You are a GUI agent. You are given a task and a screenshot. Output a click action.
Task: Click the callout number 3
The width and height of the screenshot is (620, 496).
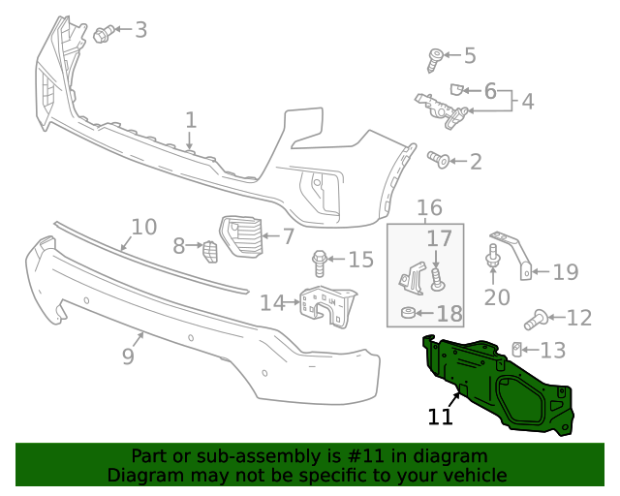140,30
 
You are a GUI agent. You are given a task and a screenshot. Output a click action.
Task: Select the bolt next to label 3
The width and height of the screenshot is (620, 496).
102,36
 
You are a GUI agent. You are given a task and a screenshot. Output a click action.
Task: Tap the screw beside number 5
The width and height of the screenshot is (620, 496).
435,60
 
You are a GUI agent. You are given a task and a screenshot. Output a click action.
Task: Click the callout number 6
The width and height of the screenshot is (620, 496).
490,92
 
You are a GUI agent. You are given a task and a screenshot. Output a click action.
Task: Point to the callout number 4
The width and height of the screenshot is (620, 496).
527,101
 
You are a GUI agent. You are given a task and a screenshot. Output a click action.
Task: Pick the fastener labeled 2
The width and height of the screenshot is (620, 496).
438,159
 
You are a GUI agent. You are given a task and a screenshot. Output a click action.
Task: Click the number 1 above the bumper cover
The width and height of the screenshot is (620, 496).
191,120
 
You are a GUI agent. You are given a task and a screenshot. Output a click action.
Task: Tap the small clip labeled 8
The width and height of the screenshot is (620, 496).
209,251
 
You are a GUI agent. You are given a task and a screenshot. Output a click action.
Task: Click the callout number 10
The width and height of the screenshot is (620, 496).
143,227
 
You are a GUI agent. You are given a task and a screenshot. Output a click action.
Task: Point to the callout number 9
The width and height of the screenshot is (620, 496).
128,356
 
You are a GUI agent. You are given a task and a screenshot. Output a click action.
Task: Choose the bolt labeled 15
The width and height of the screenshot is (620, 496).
320,260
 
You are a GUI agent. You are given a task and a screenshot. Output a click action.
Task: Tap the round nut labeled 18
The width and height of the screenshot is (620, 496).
409,313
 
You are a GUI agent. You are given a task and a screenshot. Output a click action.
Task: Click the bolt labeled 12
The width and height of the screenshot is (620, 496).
536,316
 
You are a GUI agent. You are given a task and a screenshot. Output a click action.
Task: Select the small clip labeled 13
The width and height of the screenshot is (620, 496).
518,350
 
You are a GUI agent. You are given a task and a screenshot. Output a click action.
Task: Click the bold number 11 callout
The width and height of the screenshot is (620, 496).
440,417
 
